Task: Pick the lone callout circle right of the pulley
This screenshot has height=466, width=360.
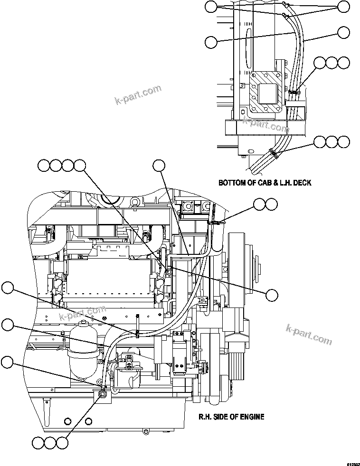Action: (272, 295)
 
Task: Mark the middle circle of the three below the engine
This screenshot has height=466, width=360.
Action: (50, 443)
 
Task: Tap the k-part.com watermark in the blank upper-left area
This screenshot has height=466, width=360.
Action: (138, 95)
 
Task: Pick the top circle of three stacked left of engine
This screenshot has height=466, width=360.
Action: (7, 288)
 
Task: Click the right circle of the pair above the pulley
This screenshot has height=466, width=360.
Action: (271, 204)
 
